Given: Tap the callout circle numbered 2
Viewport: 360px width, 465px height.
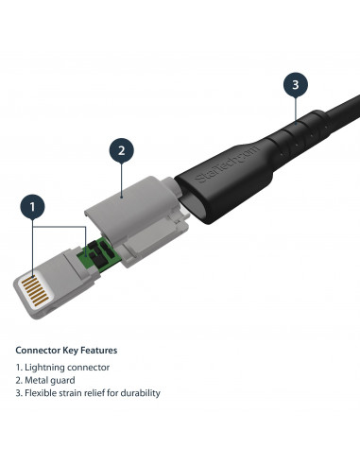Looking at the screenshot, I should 121,150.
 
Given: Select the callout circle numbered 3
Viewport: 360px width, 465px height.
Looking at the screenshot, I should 296,85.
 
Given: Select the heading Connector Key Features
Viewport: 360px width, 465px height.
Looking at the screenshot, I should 66,350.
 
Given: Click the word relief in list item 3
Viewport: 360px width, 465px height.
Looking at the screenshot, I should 101,392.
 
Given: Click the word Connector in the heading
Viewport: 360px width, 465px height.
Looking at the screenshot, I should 37,350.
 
